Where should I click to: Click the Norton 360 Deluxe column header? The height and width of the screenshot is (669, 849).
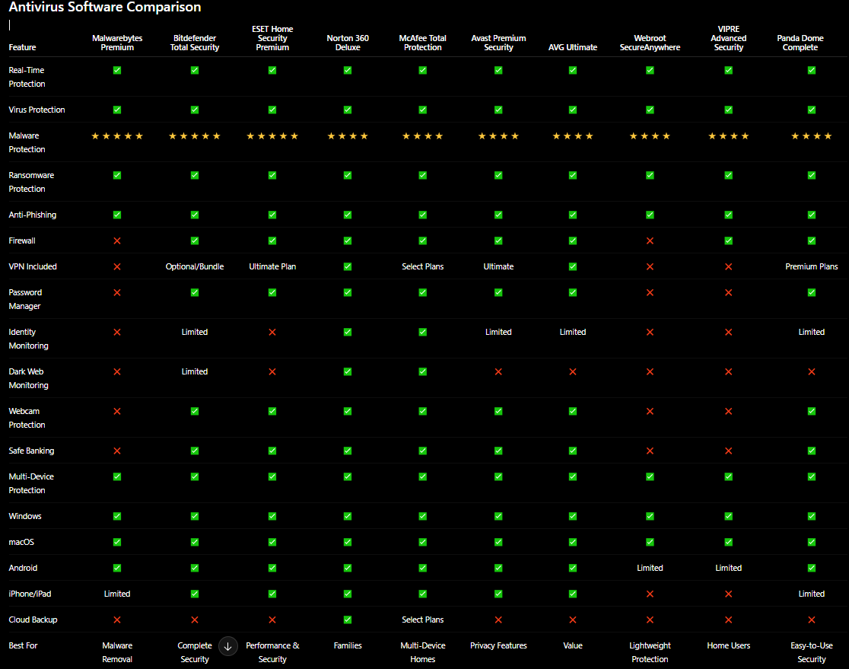[348, 43]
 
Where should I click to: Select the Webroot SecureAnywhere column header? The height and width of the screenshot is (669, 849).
[650, 43]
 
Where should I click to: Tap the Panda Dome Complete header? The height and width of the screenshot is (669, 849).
[800, 43]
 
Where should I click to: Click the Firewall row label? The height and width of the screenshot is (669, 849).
[22, 241]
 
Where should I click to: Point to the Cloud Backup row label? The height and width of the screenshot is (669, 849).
[33, 620]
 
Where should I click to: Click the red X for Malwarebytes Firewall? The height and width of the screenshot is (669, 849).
[117, 241]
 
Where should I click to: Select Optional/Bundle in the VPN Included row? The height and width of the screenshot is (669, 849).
[195, 266]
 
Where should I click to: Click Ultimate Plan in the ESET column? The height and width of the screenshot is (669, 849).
[272, 266]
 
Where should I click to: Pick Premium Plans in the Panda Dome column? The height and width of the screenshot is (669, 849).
[811, 266]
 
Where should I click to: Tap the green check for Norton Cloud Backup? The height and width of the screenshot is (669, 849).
[348, 620]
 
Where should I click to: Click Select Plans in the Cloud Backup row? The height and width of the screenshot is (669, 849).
[422, 620]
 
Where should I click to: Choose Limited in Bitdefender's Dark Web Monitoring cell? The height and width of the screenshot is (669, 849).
[195, 371]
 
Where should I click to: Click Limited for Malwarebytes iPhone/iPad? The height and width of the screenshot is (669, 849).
[117, 594]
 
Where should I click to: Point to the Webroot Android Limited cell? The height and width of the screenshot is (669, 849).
[650, 568]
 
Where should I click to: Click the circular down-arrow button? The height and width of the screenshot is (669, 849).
[228, 646]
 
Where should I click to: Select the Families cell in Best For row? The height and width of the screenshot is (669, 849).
[348, 645]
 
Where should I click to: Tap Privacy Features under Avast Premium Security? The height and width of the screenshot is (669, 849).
[498, 645]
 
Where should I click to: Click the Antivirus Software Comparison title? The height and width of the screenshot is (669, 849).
[105, 7]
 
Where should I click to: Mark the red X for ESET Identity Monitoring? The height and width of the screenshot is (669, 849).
[272, 332]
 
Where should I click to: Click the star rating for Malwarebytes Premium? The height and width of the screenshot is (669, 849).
[117, 136]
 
